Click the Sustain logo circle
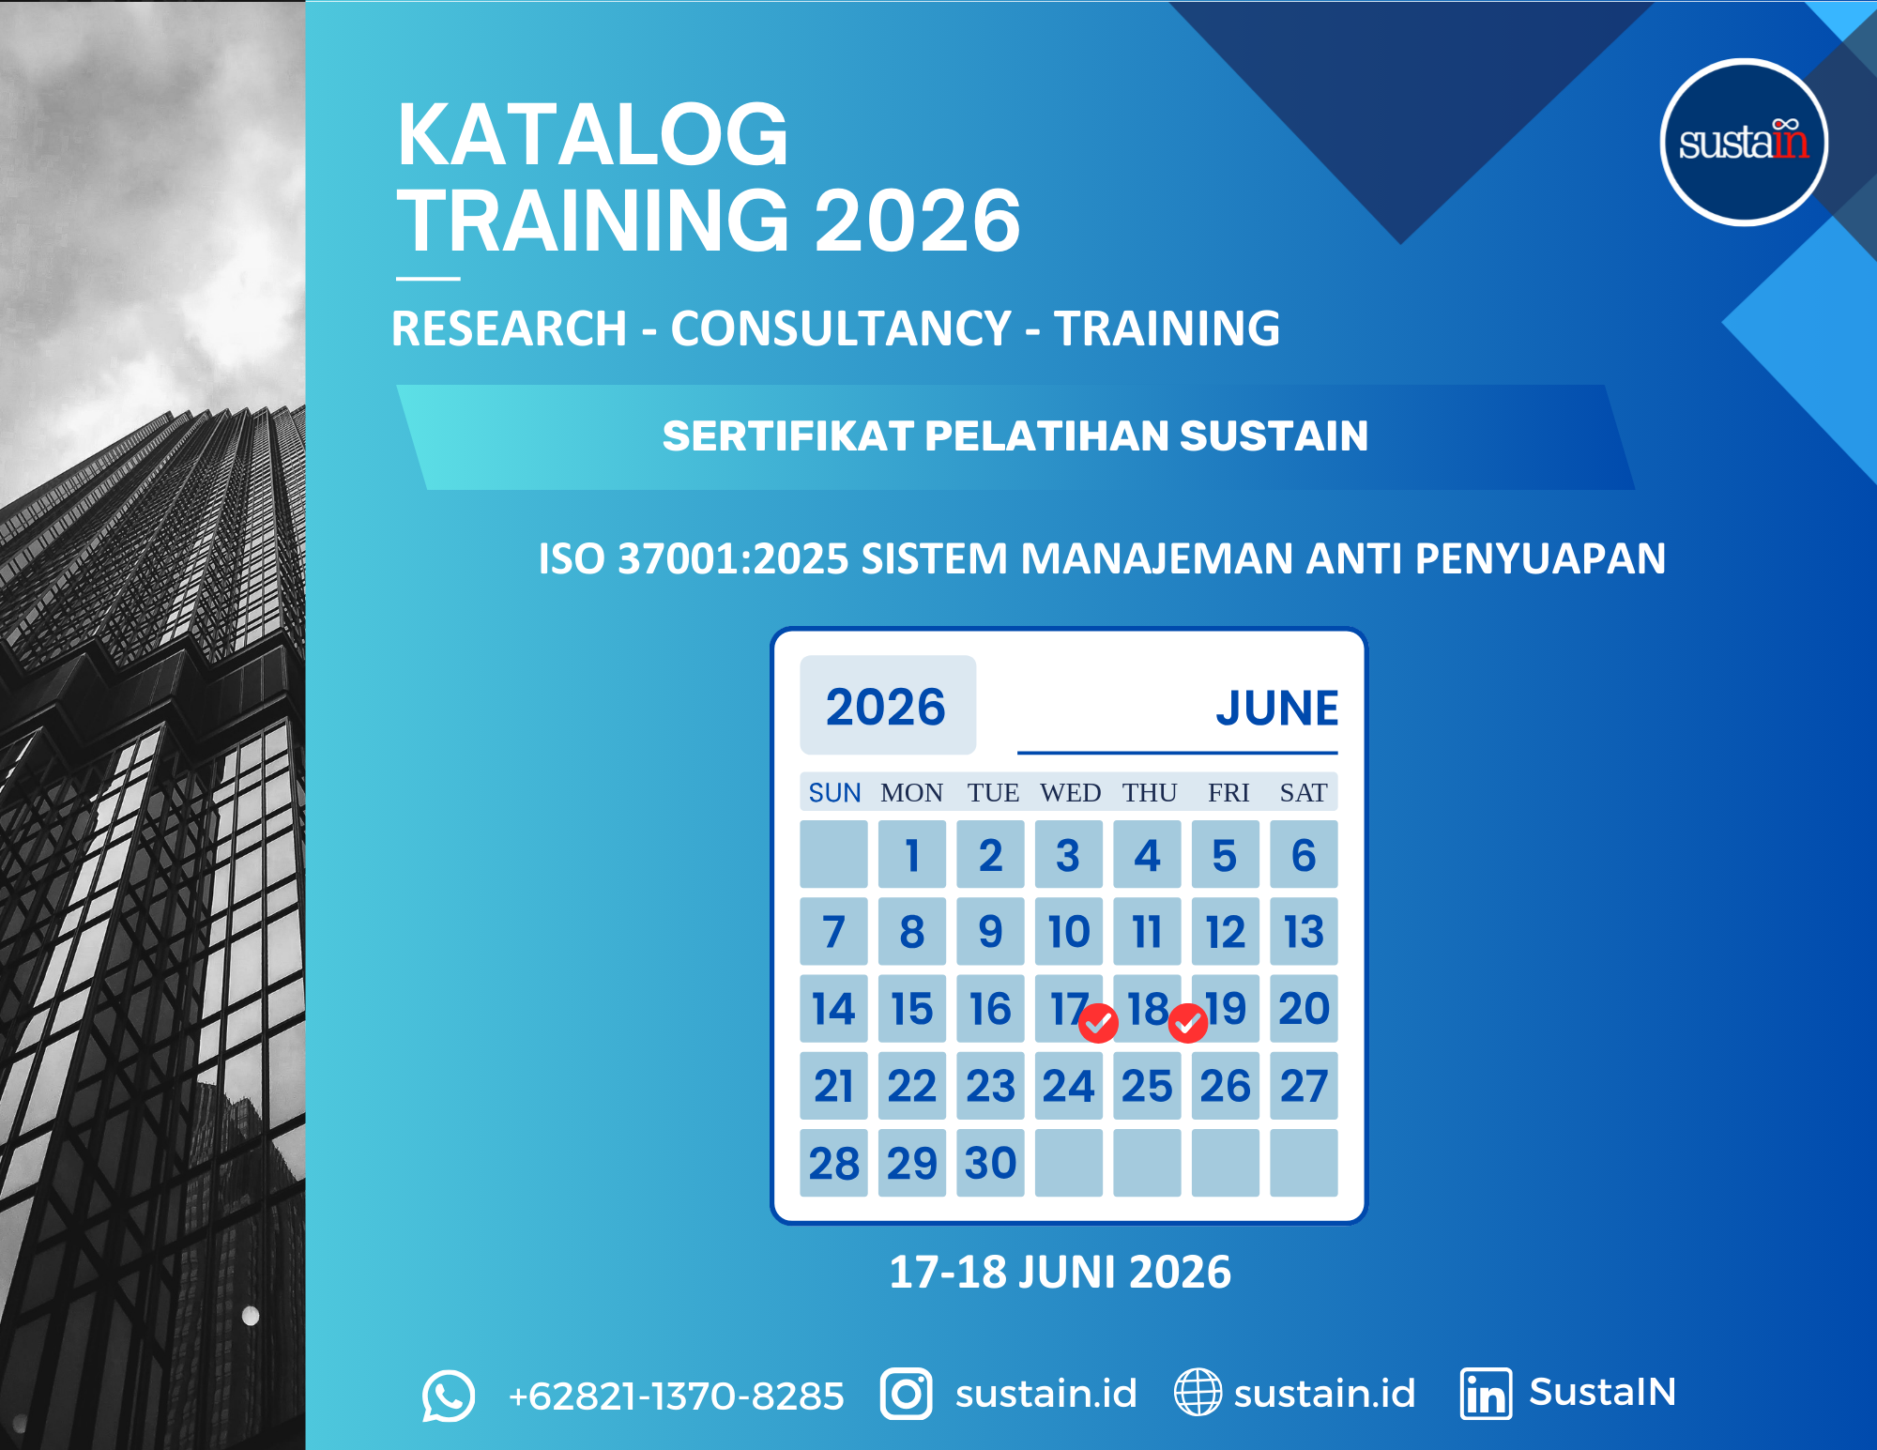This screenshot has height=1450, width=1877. (1744, 143)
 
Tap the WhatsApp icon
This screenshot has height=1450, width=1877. (449, 1396)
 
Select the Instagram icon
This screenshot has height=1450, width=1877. (906, 1394)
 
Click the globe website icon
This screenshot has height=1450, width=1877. (1198, 1392)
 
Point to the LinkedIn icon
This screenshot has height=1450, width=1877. (1486, 1394)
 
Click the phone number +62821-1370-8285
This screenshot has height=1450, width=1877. (676, 1397)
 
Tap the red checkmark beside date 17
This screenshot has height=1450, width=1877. (1098, 1023)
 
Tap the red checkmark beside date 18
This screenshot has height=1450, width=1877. (1188, 1023)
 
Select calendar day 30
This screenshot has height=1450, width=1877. (990, 1163)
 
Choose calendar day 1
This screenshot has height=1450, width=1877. (912, 854)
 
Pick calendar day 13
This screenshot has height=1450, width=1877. (1304, 931)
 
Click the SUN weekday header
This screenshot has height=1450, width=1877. (834, 793)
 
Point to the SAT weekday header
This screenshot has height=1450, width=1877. (1304, 793)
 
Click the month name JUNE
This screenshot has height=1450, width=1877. (1277, 708)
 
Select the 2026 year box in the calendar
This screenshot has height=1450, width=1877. (888, 705)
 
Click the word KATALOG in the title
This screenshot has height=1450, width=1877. (593, 135)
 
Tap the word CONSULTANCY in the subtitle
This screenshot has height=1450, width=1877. (841, 328)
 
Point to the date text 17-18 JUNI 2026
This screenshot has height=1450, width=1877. (1060, 1273)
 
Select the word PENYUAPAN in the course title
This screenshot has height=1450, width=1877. (1540, 558)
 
